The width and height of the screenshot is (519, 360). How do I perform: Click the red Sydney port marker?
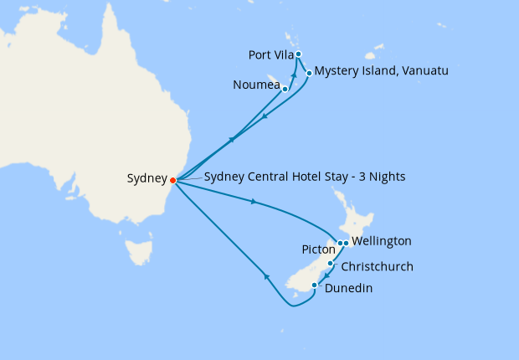(x=172, y=179)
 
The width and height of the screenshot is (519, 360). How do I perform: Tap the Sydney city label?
(x=146, y=178)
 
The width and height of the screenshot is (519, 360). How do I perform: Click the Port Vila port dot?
(x=299, y=54)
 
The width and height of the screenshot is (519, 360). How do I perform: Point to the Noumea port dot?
(x=285, y=89)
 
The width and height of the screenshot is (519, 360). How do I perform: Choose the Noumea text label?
(x=257, y=85)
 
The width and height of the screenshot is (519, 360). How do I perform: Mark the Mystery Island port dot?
(x=310, y=73)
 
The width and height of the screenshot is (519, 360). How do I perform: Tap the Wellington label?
(x=382, y=241)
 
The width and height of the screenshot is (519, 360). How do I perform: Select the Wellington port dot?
(x=346, y=243)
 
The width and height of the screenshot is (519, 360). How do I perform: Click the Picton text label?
(x=318, y=249)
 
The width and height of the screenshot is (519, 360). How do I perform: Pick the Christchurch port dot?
(x=331, y=264)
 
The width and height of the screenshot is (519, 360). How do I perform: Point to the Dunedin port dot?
(x=314, y=285)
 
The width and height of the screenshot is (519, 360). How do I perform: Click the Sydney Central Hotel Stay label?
(x=305, y=177)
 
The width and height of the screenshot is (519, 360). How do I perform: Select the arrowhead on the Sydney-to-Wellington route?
(x=252, y=201)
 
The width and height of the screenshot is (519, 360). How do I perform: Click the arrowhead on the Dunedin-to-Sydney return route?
(x=265, y=275)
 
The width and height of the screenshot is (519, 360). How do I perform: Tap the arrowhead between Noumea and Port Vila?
(x=294, y=75)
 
